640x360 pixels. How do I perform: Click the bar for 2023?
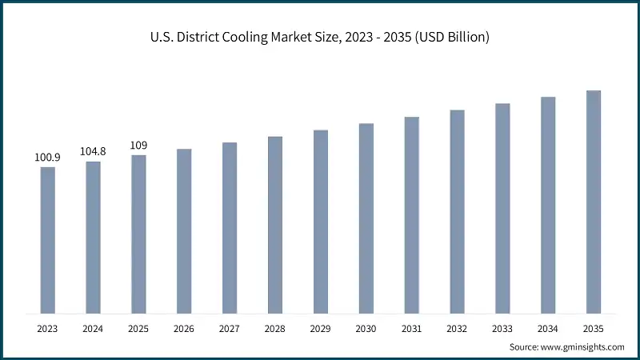48,240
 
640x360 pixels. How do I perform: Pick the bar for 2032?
457,211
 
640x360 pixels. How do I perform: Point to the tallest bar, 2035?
594,202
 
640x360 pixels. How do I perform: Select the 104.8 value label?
94,152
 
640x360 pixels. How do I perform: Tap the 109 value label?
138,146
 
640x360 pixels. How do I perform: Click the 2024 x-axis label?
94,328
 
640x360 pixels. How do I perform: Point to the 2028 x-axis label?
275,328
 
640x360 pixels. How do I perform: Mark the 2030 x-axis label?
366,328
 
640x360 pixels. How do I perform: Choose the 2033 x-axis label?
502,328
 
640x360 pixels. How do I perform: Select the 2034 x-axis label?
548,328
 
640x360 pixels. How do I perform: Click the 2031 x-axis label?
411,328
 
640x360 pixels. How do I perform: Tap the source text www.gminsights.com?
583,346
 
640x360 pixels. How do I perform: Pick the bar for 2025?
138,234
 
